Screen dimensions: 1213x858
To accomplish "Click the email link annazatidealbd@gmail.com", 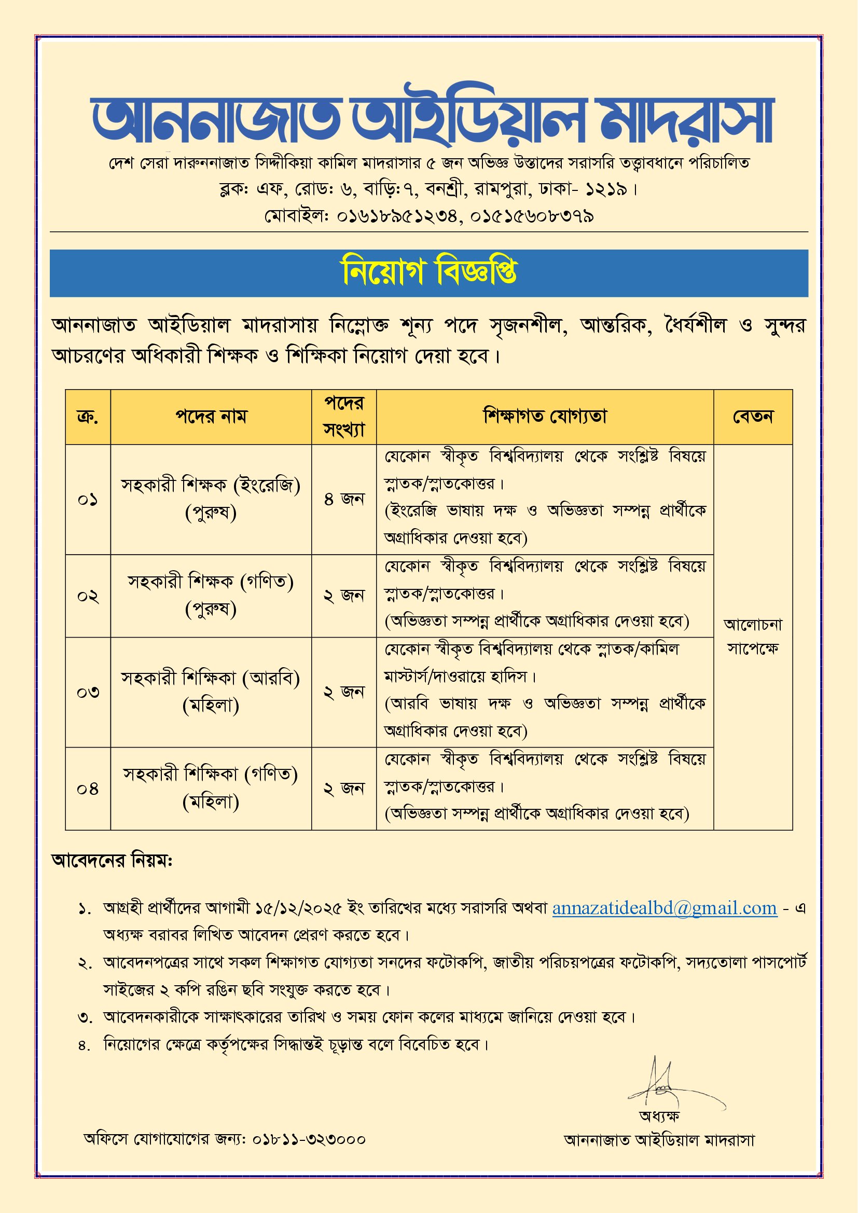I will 665,908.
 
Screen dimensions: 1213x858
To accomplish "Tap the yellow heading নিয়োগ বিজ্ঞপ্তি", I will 429,272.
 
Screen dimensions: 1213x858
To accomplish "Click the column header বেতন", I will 752,417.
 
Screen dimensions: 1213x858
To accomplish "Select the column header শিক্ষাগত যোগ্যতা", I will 545,417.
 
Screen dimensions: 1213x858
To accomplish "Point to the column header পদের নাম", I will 211,417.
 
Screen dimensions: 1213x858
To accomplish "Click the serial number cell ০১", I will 88,499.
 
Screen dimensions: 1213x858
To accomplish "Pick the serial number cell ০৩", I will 88,692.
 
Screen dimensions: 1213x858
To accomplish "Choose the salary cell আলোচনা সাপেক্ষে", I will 752,636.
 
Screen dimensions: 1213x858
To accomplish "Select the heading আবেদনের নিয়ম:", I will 112,861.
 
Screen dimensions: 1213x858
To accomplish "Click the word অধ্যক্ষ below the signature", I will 659,1116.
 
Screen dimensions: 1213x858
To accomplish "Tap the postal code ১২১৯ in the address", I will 606,189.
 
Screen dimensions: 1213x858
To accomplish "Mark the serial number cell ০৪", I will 88,789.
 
